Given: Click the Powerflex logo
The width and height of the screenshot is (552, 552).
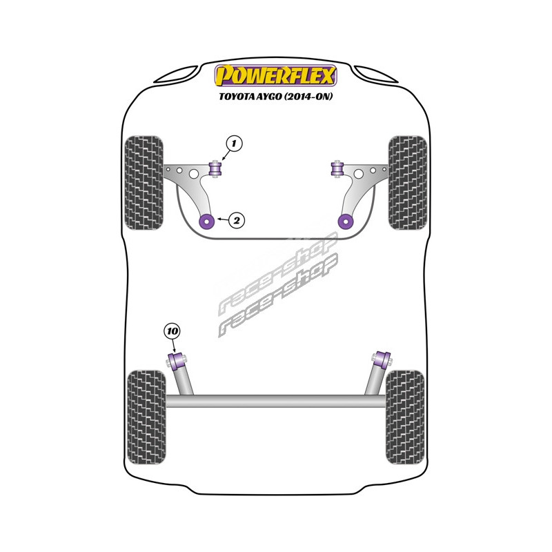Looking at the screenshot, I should point(276,75).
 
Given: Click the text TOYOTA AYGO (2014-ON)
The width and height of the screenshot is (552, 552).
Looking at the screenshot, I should point(276,97).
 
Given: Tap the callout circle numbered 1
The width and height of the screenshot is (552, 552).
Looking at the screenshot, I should point(234,144).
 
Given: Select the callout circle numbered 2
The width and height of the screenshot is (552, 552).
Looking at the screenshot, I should point(236,221).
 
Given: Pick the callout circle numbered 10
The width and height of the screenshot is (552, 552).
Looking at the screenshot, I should point(172,331).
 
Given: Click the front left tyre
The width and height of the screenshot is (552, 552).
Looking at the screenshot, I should point(144,183).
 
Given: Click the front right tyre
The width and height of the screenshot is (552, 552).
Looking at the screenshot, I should point(407,183).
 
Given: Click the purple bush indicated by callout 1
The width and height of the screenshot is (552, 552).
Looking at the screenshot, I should point(215,168).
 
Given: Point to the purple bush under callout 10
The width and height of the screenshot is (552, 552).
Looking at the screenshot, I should point(175,359).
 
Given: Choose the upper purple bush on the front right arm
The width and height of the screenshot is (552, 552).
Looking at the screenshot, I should point(337,168).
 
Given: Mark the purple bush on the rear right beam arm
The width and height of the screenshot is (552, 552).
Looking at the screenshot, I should point(378,359).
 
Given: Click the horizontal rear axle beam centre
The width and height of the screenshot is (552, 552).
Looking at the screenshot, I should point(276,400).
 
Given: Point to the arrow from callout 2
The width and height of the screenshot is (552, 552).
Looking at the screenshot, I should point(221,220).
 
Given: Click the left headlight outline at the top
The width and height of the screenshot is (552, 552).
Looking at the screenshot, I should point(176,73).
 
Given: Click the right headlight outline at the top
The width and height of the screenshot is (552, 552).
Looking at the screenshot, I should point(376,73).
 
